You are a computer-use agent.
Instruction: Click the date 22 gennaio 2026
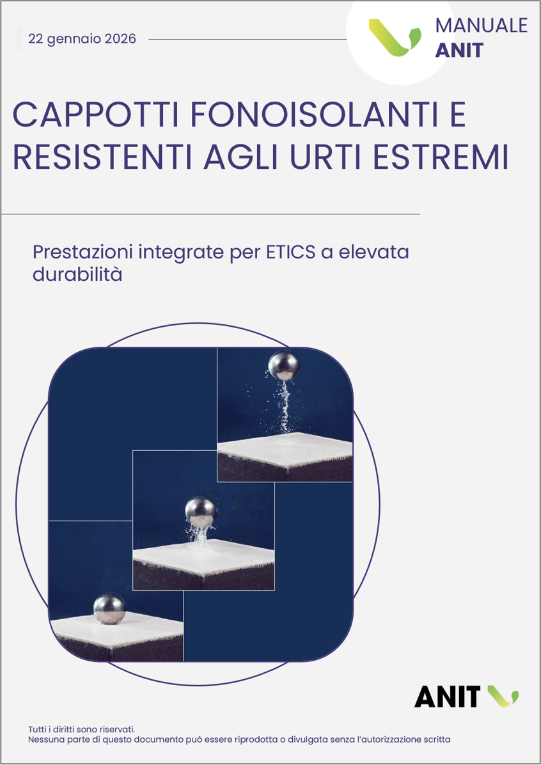click(x=82, y=38)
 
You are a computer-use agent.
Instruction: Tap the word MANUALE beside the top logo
click(x=481, y=26)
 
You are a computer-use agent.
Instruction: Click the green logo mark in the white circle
click(x=395, y=37)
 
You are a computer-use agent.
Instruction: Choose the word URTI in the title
click(x=330, y=156)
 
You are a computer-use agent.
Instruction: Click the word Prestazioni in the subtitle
click(x=82, y=253)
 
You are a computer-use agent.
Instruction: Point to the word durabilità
click(x=77, y=274)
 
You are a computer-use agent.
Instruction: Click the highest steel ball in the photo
click(x=283, y=365)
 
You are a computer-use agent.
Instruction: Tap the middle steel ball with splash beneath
click(x=201, y=511)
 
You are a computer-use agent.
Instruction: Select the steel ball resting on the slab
click(x=109, y=608)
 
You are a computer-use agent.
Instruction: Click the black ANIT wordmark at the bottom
click(x=448, y=696)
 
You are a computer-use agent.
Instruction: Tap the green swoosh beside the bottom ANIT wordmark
click(x=503, y=695)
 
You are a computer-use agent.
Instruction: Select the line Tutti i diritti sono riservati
click(x=81, y=729)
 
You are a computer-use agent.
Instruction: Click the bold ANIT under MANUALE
click(x=459, y=51)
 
